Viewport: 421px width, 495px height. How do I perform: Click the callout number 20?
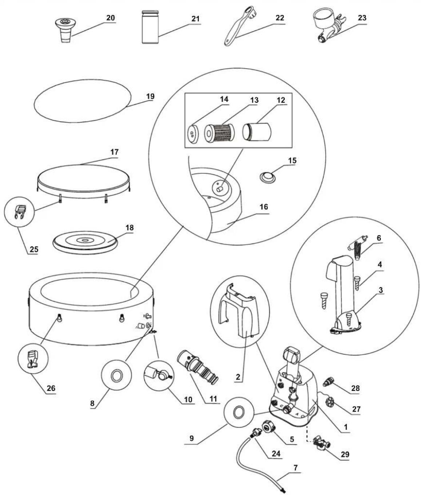pyautogui.click(x=111, y=18)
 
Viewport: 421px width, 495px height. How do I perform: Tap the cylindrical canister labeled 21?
pyautogui.click(x=150, y=27)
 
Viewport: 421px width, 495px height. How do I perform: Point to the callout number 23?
pyautogui.click(x=362, y=18)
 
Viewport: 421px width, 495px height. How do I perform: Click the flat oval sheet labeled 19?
pyautogui.click(x=83, y=101)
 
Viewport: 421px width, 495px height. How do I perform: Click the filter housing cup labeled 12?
pyautogui.click(x=257, y=132)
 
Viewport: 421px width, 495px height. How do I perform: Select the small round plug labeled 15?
pyautogui.click(x=267, y=177)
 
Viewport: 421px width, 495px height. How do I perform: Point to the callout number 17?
pyautogui.click(x=114, y=152)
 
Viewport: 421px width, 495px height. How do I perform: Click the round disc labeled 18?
pyautogui.click(x=86, y=242)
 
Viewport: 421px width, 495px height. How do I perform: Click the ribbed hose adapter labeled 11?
pyautogui.click(x=197, y=366)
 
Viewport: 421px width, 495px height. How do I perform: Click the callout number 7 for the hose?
pyautogui.click(x=295, y=467)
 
